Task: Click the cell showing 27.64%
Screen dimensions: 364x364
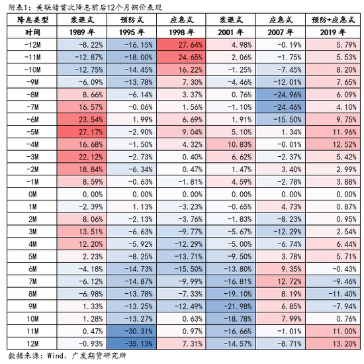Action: [181, 44]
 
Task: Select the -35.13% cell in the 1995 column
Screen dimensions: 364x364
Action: [132, 343]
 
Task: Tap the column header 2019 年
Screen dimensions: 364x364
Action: [333, 32]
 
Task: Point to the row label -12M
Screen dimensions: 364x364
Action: [32, 44]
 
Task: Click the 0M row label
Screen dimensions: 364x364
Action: [32, 194]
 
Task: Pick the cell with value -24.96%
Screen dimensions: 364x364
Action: [281, 95]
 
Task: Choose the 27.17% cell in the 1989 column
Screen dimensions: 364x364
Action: [82, 132]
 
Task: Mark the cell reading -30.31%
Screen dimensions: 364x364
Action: [132, 331]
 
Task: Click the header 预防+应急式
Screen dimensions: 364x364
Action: [333, 20]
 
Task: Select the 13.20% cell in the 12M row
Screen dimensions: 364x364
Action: [333, 343]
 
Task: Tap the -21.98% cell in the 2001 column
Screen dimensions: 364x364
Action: [231, 306]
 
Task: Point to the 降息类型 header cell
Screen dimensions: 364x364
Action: [32, 20]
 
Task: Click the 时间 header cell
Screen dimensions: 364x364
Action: [32, 32]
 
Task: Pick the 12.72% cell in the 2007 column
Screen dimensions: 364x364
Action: [281, 281]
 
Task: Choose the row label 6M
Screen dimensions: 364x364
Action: [32, 269]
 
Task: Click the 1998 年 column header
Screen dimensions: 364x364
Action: [181, 32]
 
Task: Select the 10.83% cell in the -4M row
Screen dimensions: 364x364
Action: [231, 144]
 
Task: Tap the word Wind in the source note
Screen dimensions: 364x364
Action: [55, 355]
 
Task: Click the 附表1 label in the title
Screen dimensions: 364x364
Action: [18, 7]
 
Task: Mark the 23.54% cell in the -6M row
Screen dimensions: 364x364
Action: [82, 119]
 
